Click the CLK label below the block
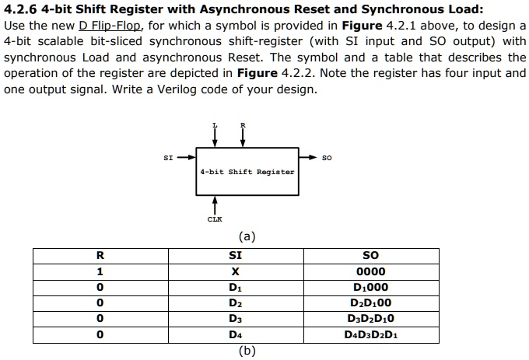point(215,218)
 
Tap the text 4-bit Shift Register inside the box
point(247,172)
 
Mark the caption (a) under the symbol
point(247,236)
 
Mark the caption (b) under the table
point(247,350)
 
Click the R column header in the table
point(99,255)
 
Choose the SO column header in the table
point(371,255)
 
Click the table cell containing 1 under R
point(99,271)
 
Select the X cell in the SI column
point(235,271)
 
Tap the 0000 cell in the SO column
point(371,271)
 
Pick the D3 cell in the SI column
point(235,319)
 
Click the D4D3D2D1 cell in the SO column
point(371,335)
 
